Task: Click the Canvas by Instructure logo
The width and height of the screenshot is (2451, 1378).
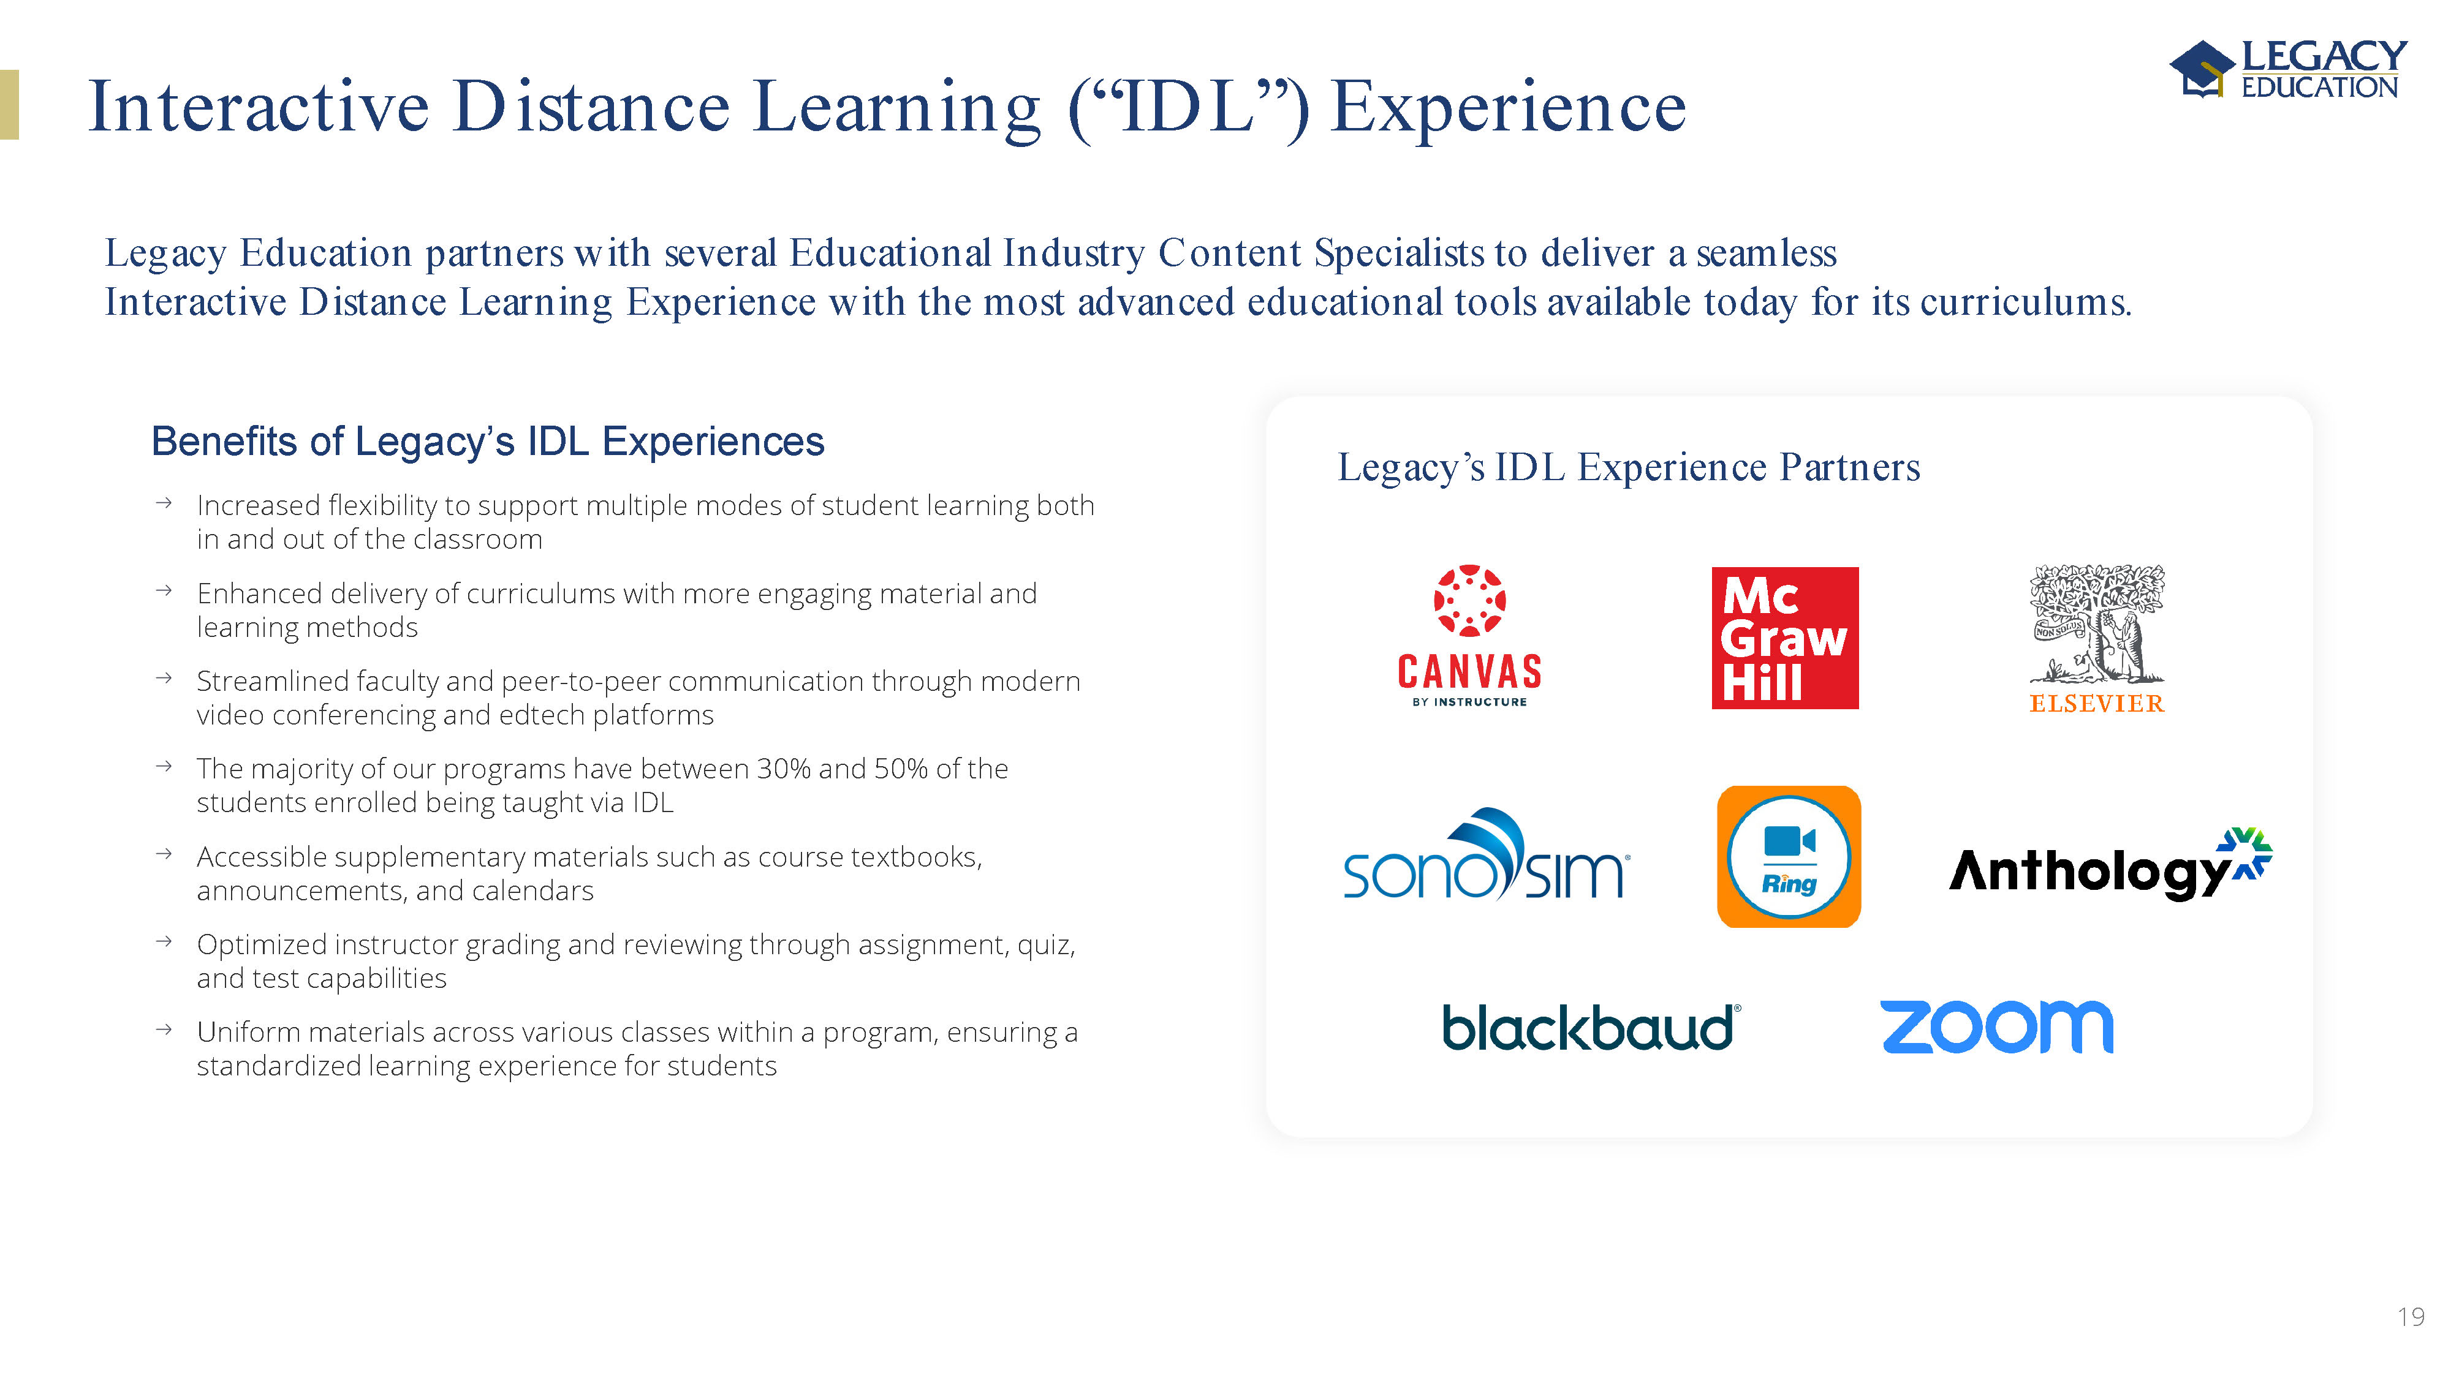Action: point(1469,635)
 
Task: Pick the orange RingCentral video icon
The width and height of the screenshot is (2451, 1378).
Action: point(1789,857)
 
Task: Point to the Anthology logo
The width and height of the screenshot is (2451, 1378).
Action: point(2110,864)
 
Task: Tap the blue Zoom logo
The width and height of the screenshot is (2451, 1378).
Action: point(1997,1027)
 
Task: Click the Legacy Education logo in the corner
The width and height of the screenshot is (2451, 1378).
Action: point(2288,69)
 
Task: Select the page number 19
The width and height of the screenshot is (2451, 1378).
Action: point(2410,1317)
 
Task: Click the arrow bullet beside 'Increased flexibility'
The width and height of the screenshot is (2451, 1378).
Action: point(164,503)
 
